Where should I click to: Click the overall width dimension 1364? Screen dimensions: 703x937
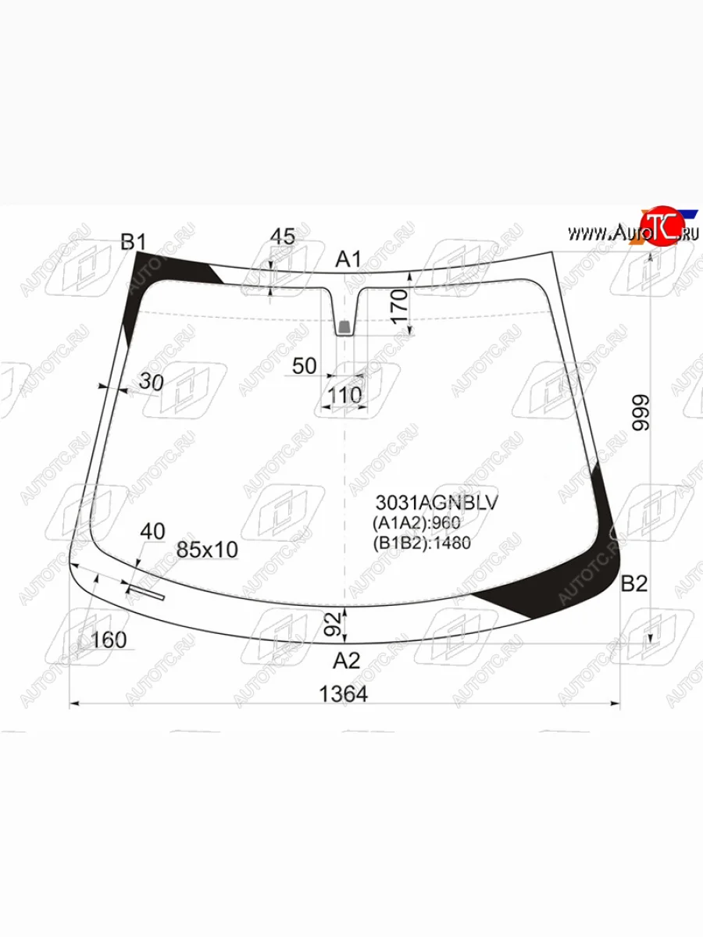344,694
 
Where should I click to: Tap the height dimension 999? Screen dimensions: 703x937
641,413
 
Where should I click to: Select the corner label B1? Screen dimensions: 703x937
133,242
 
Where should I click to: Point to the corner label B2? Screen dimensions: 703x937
634,583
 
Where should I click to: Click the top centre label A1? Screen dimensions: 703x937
348,259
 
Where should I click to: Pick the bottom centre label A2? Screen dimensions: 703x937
347,661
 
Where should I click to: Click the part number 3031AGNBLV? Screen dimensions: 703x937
437,503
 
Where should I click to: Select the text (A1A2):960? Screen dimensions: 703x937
416,523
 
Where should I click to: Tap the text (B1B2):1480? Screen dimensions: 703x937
422,543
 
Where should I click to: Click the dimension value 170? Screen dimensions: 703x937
399,307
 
